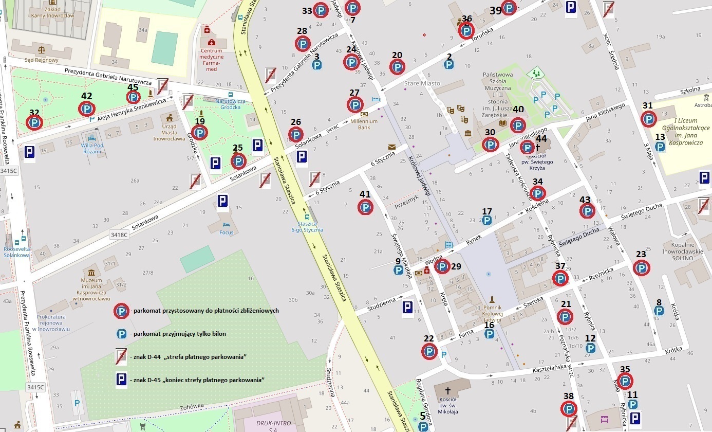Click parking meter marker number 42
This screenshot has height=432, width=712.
point(86,109)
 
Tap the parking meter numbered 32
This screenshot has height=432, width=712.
point(34,122)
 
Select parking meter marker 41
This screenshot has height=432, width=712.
point(365,207)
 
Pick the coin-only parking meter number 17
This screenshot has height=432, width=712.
point(486,220)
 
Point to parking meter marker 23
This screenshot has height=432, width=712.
point(641,267)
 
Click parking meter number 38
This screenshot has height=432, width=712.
point(568,409)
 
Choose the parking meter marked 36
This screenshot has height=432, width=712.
point(466,31)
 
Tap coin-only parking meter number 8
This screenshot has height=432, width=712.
point(658,311)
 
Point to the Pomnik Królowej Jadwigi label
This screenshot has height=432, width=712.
point(492,311)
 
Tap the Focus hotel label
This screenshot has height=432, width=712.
point(226,232)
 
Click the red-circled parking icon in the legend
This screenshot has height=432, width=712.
point(121,311)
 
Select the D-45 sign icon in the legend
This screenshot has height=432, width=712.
point(121,380)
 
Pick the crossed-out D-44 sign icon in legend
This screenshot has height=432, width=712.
point(121,356)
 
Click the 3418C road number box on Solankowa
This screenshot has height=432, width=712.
point(118,235)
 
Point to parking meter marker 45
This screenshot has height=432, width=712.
point(134,97)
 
